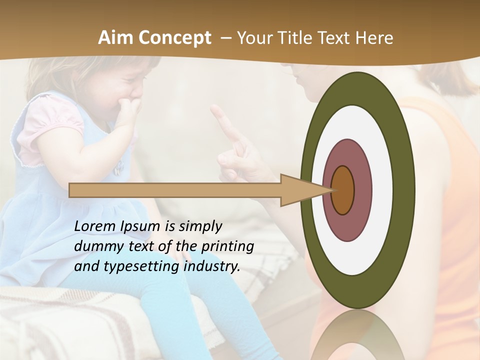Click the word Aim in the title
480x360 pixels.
pyautogui.click(x=114, y=38)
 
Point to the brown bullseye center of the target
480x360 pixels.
pyautogui.click(x=342, y=190)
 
